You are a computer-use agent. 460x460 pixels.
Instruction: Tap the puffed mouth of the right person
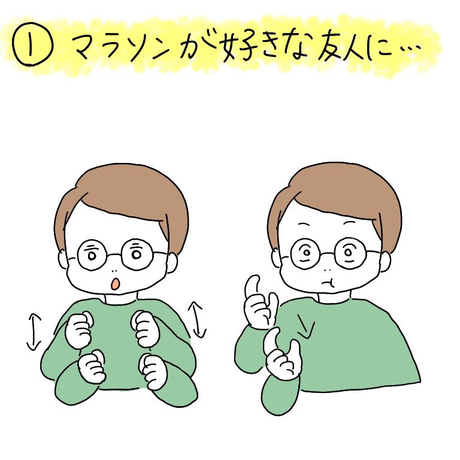[326, 280]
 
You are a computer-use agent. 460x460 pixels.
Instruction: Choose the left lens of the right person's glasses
[306, 253]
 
